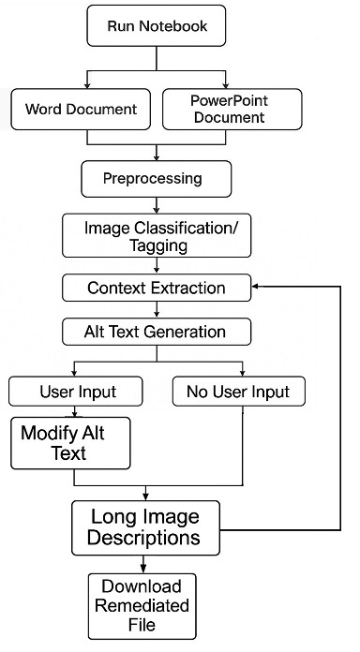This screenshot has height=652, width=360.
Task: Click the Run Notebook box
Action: (157, 27)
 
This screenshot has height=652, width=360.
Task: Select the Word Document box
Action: (81, 109)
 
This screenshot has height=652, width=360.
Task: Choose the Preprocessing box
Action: (155, 177)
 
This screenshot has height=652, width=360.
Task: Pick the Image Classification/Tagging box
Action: (155, 236)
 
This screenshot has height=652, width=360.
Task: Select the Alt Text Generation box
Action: (156, 331)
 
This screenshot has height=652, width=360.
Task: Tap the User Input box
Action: (77, 391)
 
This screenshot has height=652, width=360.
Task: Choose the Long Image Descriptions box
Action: (145, 526)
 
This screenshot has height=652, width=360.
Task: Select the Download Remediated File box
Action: (143, 605)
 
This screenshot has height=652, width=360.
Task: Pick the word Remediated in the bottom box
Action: (143, 605)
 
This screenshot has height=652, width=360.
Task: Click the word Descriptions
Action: (145, 538)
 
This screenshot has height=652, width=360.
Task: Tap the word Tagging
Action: (156, 245)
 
